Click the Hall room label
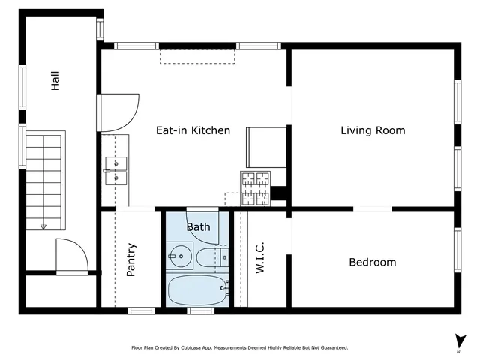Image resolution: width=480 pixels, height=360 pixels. click(x=55, y=81)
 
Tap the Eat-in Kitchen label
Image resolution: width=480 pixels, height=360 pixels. click(x=193, y=130)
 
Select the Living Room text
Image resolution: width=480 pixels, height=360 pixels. click(x=373, y=130)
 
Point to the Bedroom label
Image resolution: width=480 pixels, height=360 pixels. click(x=372, y=262)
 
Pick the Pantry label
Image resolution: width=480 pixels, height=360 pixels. click(x=131, y=259)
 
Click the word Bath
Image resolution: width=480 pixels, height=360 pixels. click(x=198, y=226)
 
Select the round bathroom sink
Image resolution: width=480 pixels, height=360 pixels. click(x=180, y=256)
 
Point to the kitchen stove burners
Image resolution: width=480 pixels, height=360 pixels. click(x=255, y=181)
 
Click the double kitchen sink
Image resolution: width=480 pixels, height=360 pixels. click(x=116, y=170)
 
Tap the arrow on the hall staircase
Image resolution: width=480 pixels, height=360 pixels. click(x=43, y=225)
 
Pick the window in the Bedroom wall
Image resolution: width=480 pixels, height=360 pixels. click(x=457, y=249)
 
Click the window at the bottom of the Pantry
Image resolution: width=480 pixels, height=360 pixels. click(x=141, y=310)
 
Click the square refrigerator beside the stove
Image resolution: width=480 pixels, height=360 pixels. click(x=266, y=147)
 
